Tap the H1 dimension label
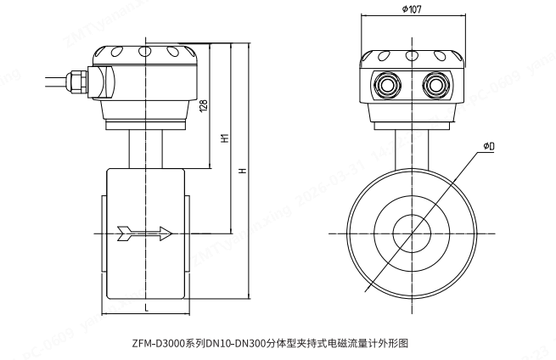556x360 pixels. tap(224, 138)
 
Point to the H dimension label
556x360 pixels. tap(243, 170)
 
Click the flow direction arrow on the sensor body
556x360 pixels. tap(145, 232)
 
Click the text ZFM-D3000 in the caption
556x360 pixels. tap(156, 343)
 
